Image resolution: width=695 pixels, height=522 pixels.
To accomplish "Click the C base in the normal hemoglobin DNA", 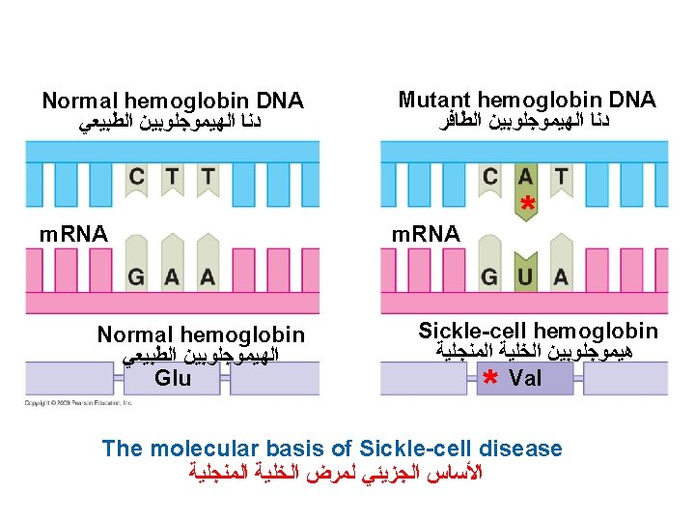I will point(138,178).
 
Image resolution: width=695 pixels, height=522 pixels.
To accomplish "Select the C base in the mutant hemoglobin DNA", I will point(491,178).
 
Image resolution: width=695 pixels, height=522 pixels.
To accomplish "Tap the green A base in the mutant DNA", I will point(526,178).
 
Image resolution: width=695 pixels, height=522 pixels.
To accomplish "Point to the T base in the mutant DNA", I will point(561,178).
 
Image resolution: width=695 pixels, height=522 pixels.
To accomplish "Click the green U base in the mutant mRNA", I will point(526,277).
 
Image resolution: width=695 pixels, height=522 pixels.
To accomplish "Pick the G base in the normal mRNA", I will point(138,277).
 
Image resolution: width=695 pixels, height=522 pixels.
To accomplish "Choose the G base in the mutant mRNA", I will point(491,277).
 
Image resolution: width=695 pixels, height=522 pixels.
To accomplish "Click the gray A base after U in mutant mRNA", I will point(561,277).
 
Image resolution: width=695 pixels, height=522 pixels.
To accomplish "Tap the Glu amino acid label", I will point(173,378).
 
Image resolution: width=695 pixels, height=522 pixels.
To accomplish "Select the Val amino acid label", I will point(525,378).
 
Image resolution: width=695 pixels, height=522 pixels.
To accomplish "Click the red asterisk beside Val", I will point(489,377).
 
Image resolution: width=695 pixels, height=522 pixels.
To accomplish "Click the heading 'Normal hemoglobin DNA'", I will point(173,101).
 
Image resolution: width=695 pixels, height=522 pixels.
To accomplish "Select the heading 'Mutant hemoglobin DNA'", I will point(527,100).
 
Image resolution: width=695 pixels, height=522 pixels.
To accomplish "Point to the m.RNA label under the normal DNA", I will point(72,233).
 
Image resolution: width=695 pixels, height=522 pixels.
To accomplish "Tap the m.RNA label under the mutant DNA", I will point(425,233).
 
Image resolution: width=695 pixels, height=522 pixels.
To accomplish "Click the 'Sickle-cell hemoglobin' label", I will point(538,331).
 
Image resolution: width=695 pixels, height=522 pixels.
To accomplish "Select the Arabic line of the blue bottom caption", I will point(331,474).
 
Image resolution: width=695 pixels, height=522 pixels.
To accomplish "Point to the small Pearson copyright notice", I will point(77,401).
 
